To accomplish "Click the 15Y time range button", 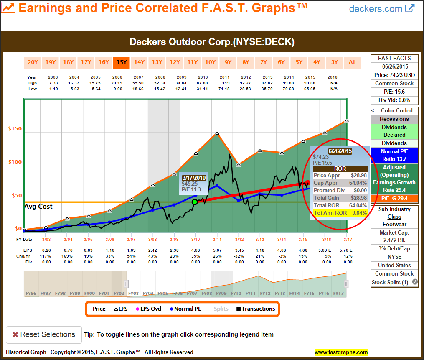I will (x=122, y=62).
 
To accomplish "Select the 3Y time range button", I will (x=335, y=62).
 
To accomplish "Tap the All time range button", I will (x=352, y=62).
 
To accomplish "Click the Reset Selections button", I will (x=43, y=334).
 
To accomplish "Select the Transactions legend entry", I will (x=256, y=309).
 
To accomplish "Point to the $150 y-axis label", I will (x=15, y=129).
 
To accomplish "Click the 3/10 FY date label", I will (x=195, y=239).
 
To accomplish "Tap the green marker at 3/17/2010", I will (x=195, y=202).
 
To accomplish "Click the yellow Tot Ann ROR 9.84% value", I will (x=340, y=213).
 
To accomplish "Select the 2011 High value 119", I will (x=226, y=83).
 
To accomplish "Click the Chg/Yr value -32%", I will (x=239, y=256).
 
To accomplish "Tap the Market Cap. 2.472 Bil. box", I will (x=394, y=237).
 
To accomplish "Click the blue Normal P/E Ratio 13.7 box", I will (x=394, y=156).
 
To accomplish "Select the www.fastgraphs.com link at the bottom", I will (x=341, y=352).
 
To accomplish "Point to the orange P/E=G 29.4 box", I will (x=394, y=198).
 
